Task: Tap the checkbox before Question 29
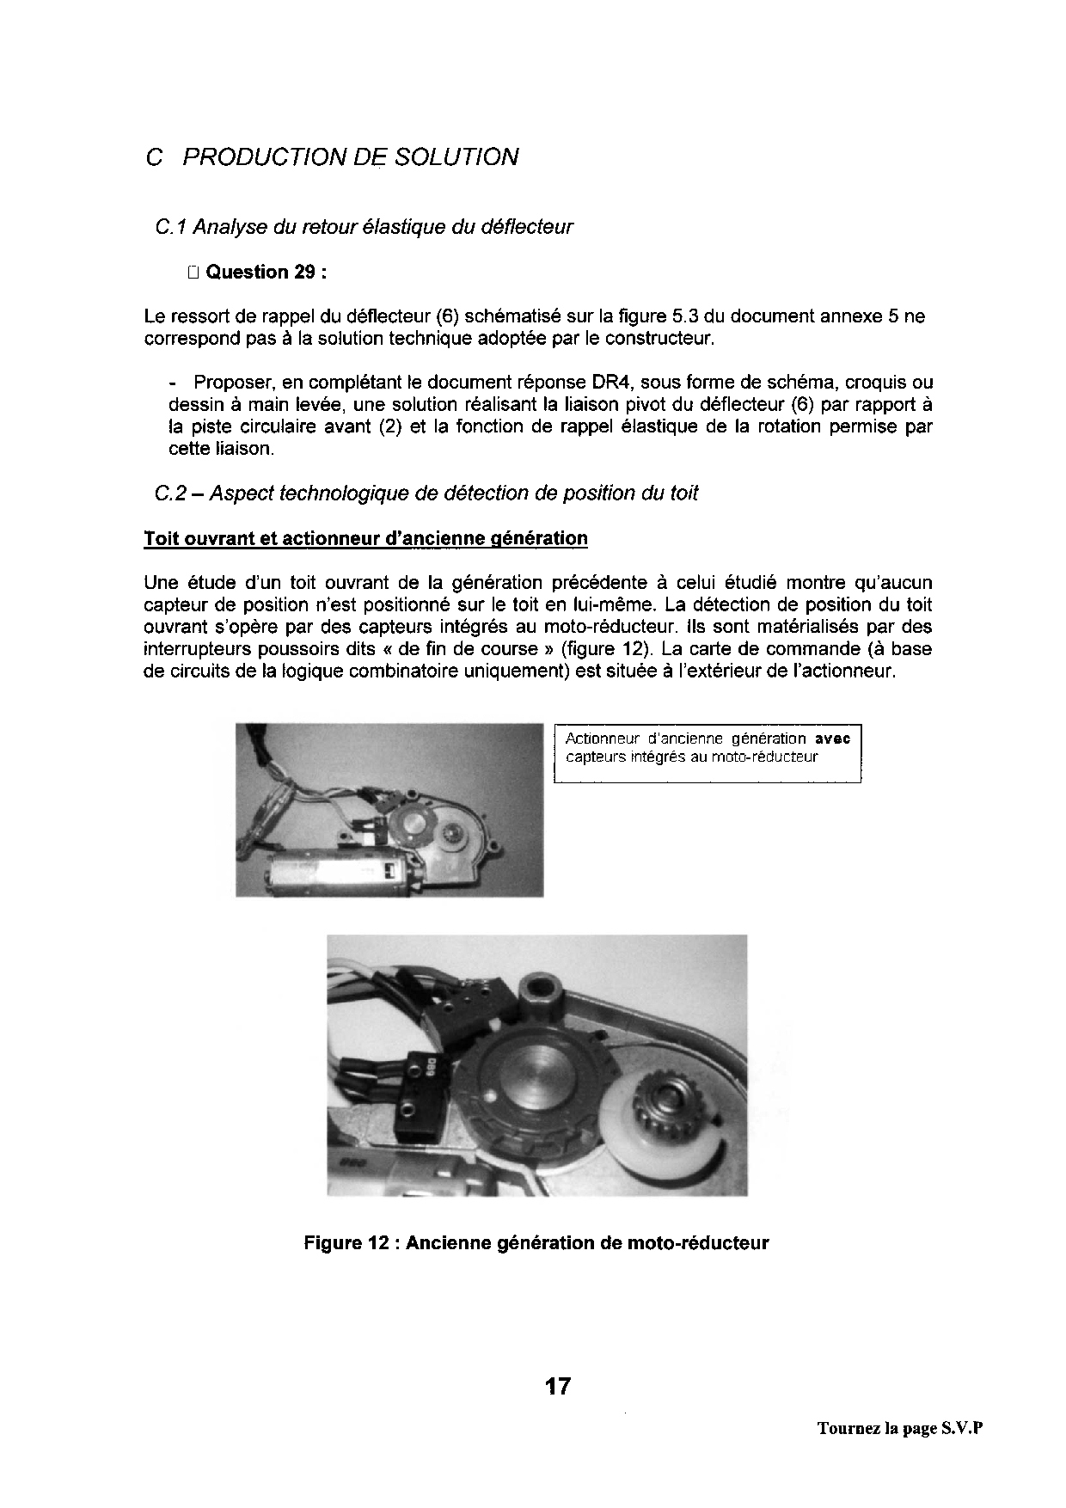(x=192, y=273)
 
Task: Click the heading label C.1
(x=170, y=227)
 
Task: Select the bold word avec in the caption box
(x=832, y=739)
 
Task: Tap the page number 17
(x=558, y=1386)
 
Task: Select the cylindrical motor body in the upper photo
(x=327, y=874)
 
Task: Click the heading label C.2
(x=170, y=493)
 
